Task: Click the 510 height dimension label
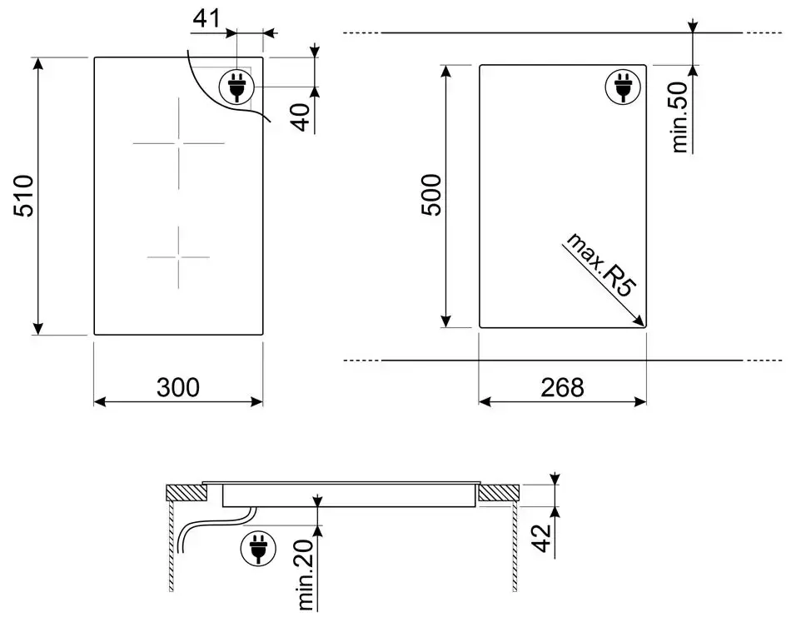point(23,197)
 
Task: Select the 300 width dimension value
point(178,387)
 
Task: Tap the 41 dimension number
point(206,19)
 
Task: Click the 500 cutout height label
point(431,195)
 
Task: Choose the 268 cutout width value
point(563,387)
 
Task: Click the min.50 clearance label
point(679,117)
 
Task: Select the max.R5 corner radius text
point(599,266)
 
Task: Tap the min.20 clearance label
point(306,575)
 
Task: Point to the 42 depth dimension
point(540,538)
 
